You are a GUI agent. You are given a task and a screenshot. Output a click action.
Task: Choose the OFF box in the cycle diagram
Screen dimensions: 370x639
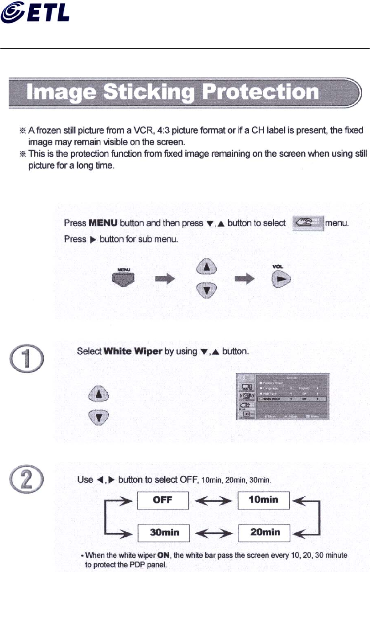[163, 500]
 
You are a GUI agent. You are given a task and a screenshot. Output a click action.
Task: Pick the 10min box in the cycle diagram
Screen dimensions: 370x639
[264, 500]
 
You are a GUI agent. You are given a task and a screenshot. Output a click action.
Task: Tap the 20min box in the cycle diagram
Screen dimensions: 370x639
[264, 532]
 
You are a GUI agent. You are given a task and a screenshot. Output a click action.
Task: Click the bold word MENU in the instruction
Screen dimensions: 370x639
[103, 224]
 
